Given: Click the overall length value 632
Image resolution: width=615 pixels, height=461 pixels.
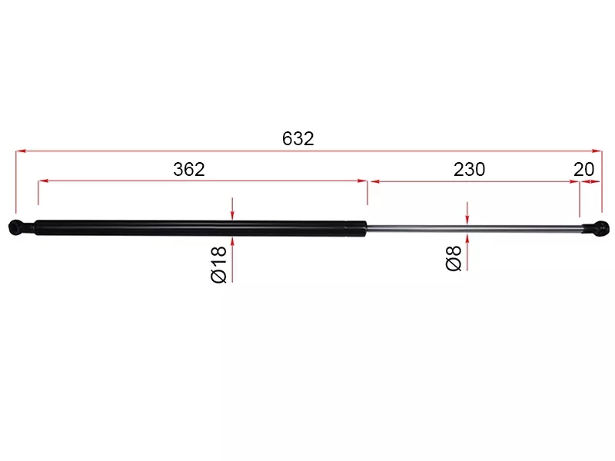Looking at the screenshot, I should click(x=298, y=139).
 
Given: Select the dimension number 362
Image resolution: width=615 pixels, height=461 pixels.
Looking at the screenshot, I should click(x=189, y=170).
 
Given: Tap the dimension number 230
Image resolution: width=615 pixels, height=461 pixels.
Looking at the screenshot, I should click(x=469, y=170).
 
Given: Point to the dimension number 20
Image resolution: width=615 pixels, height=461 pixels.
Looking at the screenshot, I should click(x=584, y=170).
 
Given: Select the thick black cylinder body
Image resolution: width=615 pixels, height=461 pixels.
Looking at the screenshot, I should click(x=192, y=228).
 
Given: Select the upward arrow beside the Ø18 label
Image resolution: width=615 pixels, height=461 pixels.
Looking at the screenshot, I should click(x=231, y=242).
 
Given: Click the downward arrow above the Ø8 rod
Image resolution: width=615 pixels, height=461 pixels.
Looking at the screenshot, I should click(x=467, y=219).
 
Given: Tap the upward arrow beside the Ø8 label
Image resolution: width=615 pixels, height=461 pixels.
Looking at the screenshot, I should click(x=467, y=237).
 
